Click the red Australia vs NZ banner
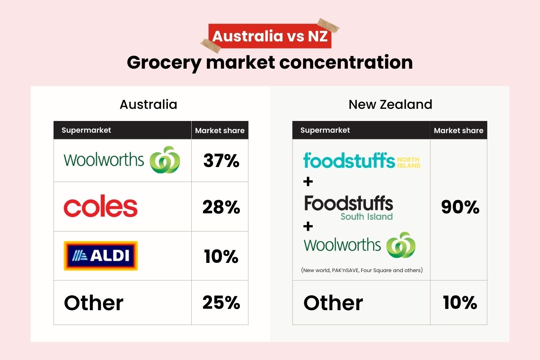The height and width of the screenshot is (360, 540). tap(270, 36)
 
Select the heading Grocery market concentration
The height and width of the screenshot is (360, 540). tap(270, 63)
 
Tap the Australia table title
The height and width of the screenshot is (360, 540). tap(149, 104)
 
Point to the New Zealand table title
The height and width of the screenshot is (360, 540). tap(390, 104)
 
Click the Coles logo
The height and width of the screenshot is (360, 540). tap(100, 207)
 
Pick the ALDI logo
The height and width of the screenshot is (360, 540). tap(100, 256)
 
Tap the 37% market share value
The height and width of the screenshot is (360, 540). tap(221, 161)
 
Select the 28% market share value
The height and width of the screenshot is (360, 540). tap(221, 207)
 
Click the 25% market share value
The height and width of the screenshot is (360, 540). tap(221, 303)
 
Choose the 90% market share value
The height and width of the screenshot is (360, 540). tap(460, 207)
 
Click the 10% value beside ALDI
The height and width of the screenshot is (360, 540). tap(221, 256)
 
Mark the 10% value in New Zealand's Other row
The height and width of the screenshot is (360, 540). tap(460, 303)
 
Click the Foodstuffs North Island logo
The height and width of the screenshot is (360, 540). tap(362, 160)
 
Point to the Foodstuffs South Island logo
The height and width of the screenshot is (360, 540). tap(349, 207)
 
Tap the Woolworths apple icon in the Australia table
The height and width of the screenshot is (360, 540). tap(165, 160)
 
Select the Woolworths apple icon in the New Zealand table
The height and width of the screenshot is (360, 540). tap(401, 245)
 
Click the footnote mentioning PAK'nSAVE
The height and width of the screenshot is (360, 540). tap(362, 270)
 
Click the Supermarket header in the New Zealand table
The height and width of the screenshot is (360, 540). tap(325, 130)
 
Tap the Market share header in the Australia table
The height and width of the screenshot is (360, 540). tap(220, 131)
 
